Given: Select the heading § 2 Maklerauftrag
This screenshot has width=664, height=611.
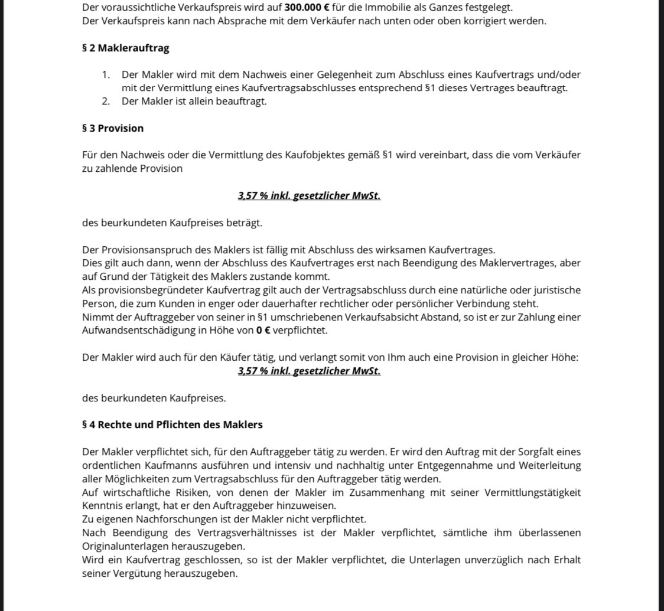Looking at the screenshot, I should click(x=125, y=48).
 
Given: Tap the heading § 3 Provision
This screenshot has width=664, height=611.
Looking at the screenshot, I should click(x=112, y=128).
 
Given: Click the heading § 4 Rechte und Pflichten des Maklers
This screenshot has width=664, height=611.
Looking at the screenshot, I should click(x=172, y=424).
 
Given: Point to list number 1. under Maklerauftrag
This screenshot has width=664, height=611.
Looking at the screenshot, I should click(x=106, y=75).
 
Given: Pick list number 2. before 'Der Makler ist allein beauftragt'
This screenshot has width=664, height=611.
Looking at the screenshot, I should click(x=106, y=101).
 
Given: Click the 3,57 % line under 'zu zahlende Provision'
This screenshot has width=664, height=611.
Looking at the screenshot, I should click(x=309, y=195).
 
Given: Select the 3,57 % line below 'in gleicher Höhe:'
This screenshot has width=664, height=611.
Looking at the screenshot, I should click(x=309, y=371).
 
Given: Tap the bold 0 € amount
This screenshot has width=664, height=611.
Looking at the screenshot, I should click(x=263, y=331).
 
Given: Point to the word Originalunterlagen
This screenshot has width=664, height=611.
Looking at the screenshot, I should click(x=124, y=546).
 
